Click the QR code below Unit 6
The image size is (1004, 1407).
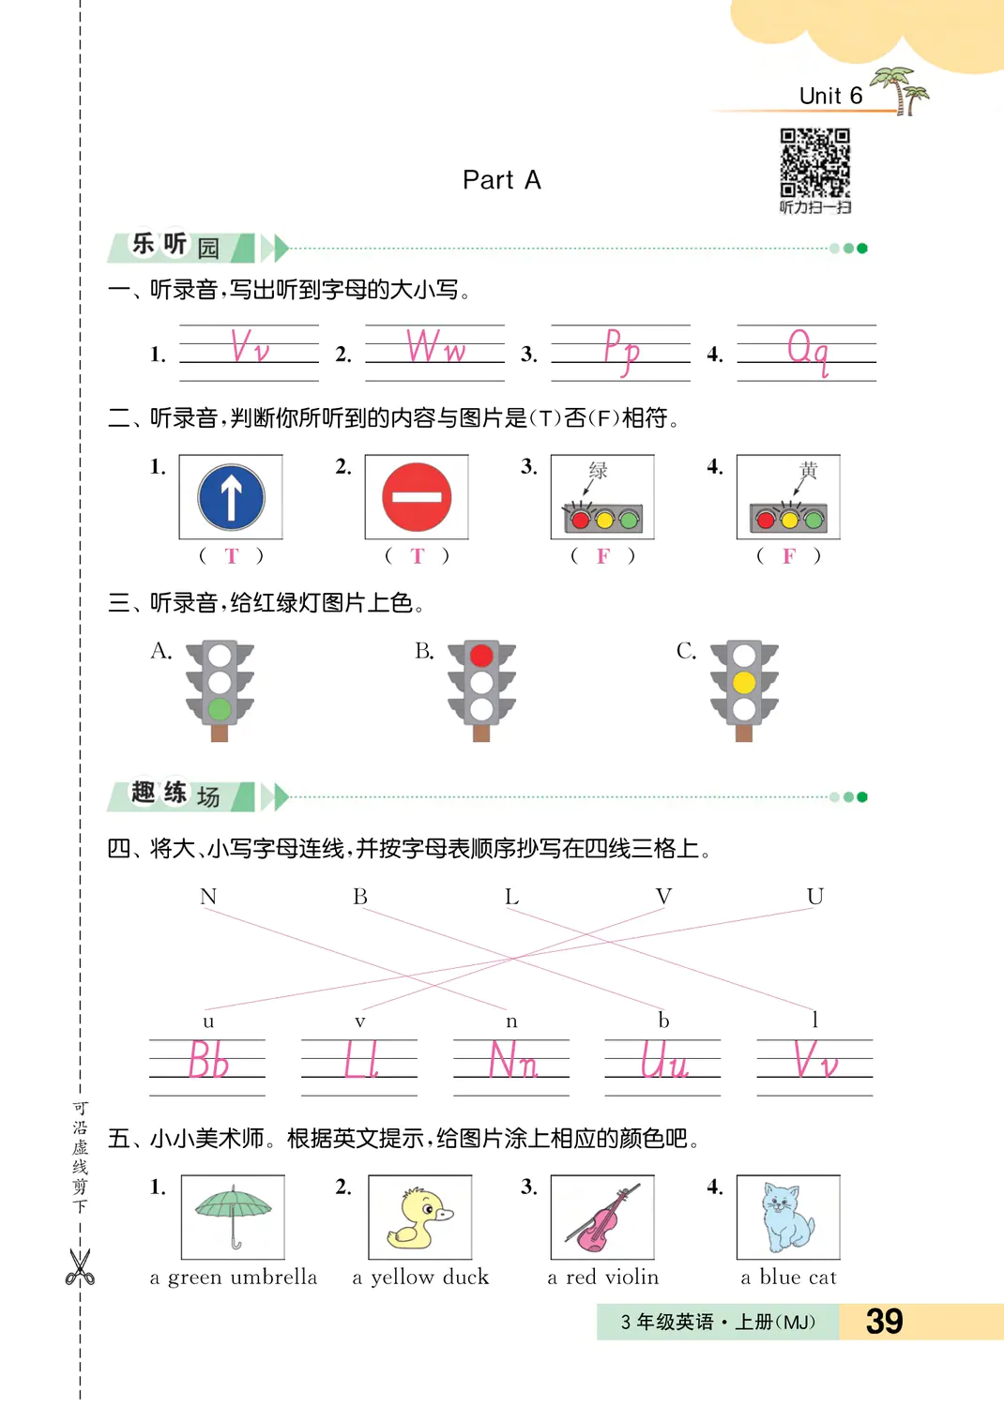[814, 162]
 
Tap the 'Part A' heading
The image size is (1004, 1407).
[502, 180]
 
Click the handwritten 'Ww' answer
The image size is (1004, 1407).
[435, 347]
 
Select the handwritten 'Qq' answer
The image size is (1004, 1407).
[808, 351]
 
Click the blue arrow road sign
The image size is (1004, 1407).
[231, 497]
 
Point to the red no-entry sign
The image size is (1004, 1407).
[417, 497]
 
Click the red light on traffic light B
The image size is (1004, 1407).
[481, 655]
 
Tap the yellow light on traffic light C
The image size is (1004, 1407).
[744, 682]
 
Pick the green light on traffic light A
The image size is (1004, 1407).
[220, 709]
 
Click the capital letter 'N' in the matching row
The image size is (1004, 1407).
[208, 897]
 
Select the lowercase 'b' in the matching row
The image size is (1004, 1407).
[663, 1020]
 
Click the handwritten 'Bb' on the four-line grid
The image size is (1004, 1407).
[208, 1061]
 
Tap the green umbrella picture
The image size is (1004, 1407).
[233, 1216]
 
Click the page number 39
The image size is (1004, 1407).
[884, 1321]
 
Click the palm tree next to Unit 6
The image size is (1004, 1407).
[903, 90]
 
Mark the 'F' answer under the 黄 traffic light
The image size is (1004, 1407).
[789, 556]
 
